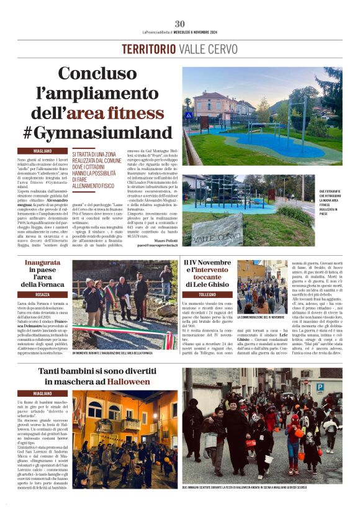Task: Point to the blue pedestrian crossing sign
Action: click(x=189, y=115)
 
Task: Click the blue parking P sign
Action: click(x=320, y=387)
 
